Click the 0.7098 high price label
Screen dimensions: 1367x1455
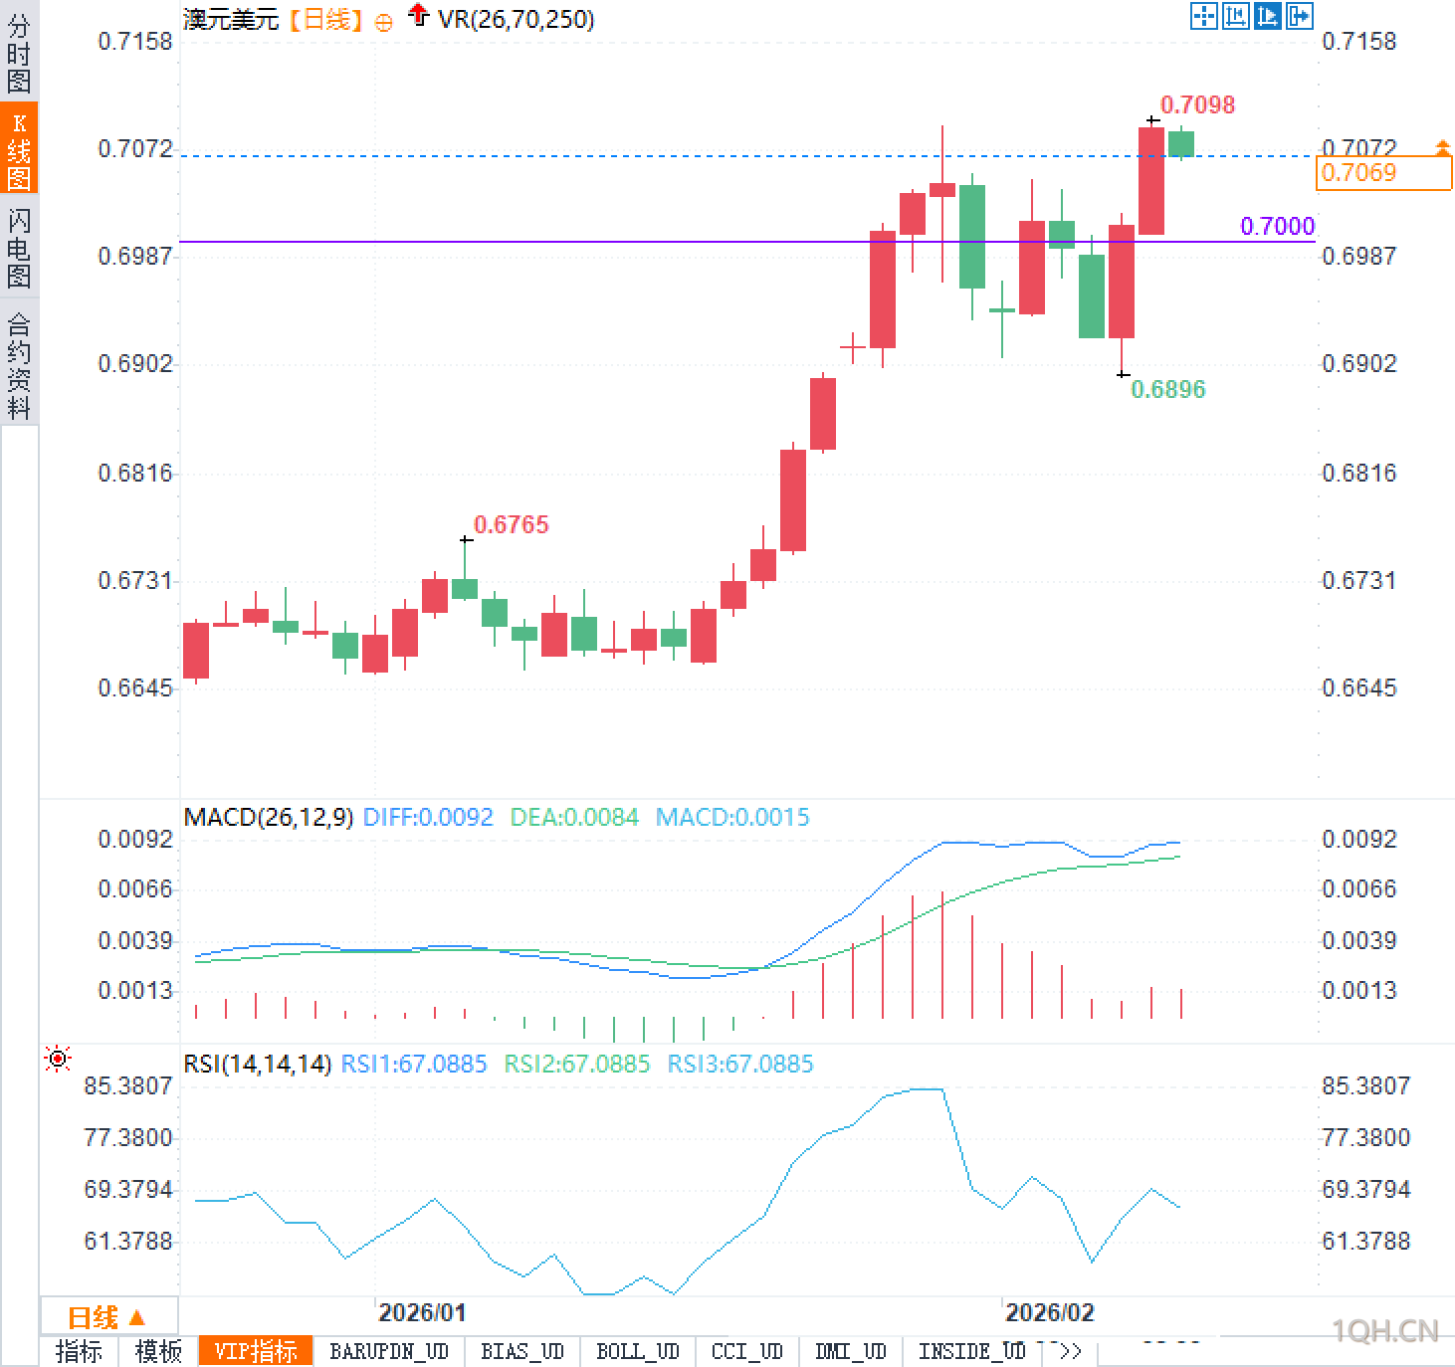[x=1197, y=104]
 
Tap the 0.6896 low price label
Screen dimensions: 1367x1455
[x=1167, y=389]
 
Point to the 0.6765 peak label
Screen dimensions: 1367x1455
[x=511, y=524]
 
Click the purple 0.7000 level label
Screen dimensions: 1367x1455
[x=1277, y=226]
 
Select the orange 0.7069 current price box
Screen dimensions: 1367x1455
[x=1383, y=173]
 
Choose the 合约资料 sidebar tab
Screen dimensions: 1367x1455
[x=19, y=365]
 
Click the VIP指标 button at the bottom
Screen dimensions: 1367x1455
[x=256, y=1351]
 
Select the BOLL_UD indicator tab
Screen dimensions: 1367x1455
[x=637, y=1351]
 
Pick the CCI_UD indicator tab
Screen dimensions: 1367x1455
[x=746, y=1351]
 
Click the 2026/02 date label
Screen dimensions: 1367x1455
[x=1049, y=1312]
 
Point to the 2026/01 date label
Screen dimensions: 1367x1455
[x=422, y=1312]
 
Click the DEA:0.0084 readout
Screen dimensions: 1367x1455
[x=574, y=818]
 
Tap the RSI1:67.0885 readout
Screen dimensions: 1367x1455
[x=414, y=1065]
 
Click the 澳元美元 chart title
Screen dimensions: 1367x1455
[x=231, y=19]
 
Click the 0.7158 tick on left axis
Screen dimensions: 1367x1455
[x=135, y=42]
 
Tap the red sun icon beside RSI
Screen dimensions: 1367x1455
[x=58, y=1059]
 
